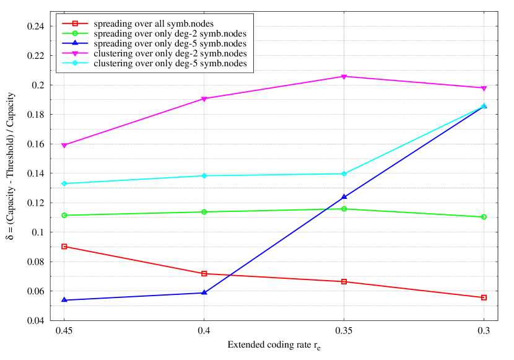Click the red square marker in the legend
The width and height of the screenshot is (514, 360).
pos(75,24)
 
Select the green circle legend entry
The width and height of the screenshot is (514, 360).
pos(75,33)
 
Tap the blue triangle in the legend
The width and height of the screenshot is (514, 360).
pos(75,43)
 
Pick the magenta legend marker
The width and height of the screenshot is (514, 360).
pos(75,53)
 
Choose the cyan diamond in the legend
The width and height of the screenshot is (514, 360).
pos(75,63)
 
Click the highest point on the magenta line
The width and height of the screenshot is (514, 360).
pos(344,77)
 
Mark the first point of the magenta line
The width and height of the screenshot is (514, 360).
pos(64,146)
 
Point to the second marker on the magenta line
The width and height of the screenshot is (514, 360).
pos(204,99)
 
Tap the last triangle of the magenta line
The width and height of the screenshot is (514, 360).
pos(484,89)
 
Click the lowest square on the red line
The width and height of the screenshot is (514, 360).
pos(484,297)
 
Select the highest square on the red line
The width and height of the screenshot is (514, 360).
pos(64,247)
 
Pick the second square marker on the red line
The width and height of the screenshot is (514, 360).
pos(204,274)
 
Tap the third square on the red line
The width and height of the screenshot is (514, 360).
pos(344,282)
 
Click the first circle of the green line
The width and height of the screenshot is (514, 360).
pos(64,216)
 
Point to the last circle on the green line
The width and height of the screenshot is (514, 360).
pos(484,217)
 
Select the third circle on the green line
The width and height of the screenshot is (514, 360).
pos(344,209)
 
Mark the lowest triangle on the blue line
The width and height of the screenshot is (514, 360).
pos(64,300)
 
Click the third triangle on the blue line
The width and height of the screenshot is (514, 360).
pos(344,197)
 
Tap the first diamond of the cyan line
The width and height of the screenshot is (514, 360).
pos(64,183)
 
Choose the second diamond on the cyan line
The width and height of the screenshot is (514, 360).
pos(204,176)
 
